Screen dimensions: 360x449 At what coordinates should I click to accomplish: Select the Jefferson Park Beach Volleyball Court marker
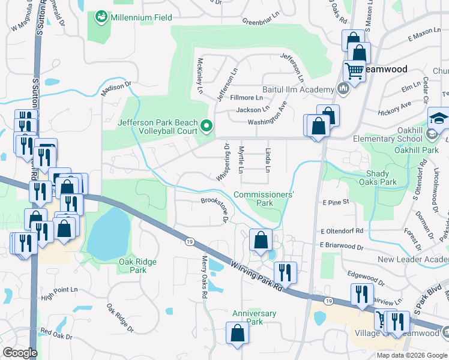coord(207,126)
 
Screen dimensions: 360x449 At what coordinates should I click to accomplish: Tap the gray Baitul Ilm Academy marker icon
coord(343,90)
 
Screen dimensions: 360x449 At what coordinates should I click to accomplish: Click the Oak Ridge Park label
coord(137,266)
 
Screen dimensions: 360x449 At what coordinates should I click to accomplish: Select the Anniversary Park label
coord(255,317)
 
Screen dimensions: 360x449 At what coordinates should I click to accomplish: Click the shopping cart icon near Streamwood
coord(354,71)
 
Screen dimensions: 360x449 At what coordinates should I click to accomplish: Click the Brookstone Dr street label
coord(214,209)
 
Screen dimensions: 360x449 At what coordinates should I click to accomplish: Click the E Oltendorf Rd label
coord(342,230)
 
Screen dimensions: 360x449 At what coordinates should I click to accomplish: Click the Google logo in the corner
coord(20,353)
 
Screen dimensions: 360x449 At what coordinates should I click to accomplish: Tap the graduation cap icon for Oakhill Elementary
coord(438,118)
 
